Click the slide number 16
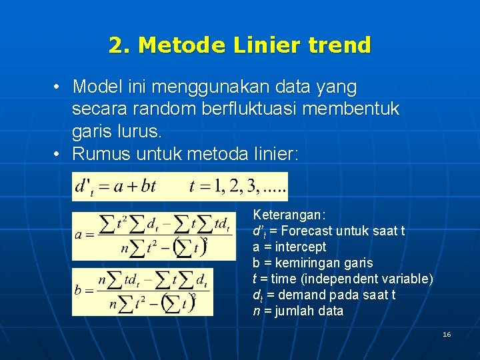click(447, 334)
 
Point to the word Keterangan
click(289, 215)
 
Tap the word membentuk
click(361, 109)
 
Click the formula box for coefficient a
click(153, 236)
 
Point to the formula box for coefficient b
click(143, 292)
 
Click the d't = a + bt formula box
click(180, 187)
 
